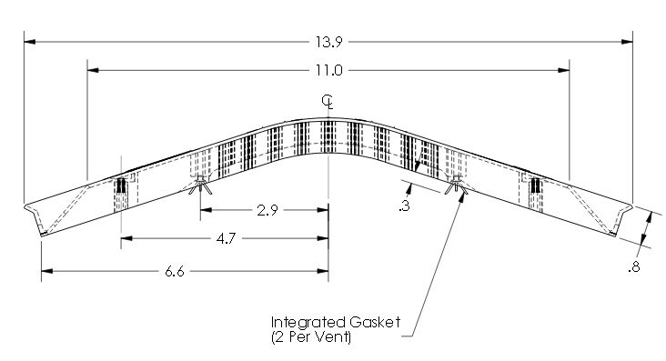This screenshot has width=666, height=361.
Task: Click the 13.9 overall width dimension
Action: (328, 42)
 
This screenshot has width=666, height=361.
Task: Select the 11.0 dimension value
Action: (328, 70)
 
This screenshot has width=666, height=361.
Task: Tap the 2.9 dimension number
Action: (267, 210)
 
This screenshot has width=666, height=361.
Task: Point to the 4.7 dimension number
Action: (226, 238)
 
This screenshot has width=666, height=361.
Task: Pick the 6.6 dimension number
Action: (175, 271)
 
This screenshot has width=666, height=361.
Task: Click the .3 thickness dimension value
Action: (404, 206)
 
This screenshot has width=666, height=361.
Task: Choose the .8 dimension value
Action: (633, 267)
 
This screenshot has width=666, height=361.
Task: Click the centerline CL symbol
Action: (328, 102)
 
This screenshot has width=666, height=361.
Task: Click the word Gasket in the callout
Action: (375, 322)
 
